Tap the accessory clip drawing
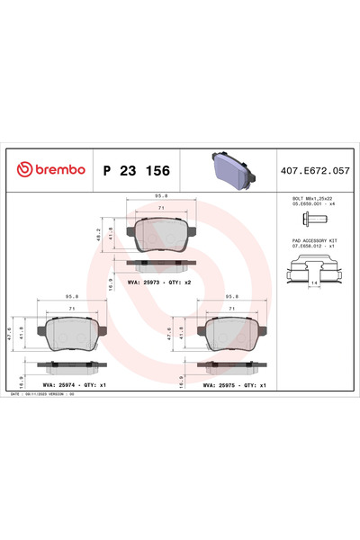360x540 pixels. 314,268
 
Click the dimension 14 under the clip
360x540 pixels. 314,283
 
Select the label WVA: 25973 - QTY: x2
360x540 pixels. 160,283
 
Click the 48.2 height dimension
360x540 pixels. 98,238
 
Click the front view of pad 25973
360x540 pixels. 161,237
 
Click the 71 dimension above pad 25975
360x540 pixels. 233,309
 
